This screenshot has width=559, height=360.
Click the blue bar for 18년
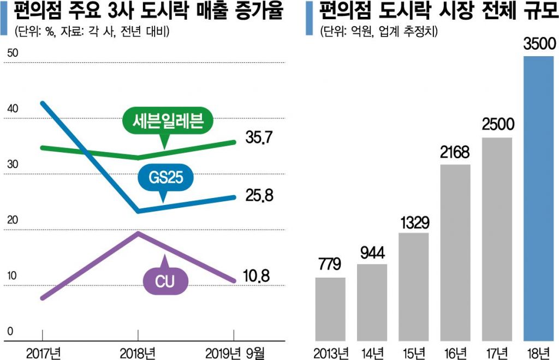(x=539, y=199)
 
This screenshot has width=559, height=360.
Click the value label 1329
(x=414, y=223)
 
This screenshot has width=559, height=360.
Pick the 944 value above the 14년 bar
(x=372, y=253)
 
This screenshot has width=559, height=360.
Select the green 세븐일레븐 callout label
(x=163, y=121)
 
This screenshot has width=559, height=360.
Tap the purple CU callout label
(x=165, y=280)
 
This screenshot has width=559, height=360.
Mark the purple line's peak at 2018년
(x=138, y=233)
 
